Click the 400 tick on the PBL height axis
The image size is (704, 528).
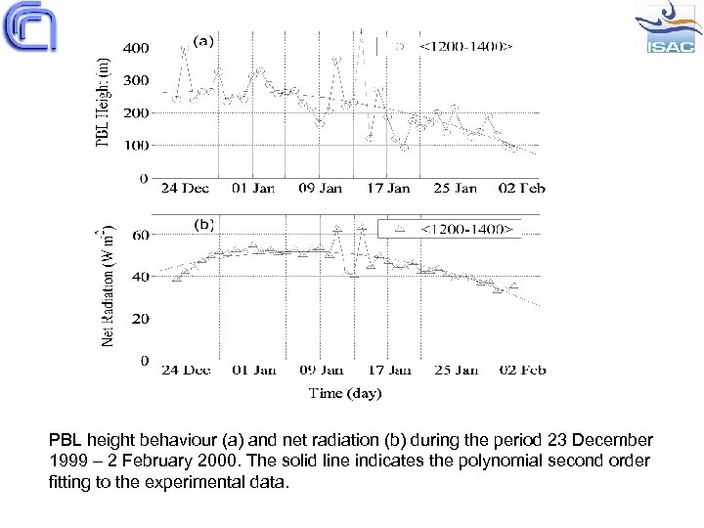point(135,47)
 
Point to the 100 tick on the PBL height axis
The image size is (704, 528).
point(135,146)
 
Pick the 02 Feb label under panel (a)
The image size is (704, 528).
point(520,189)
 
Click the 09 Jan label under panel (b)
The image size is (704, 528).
point(321,371)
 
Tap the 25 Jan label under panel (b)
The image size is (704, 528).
point(455,371)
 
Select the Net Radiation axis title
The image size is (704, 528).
point(106,286)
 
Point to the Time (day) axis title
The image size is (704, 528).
point(345,393)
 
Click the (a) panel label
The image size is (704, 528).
point(203,41)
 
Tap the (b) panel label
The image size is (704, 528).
point(203,224)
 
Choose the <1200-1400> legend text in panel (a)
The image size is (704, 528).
point(466,45)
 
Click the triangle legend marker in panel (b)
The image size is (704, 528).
point(397,229)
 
